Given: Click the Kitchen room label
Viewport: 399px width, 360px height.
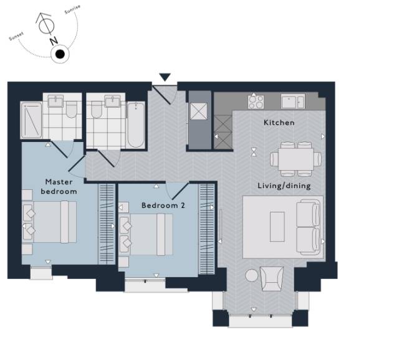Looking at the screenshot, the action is tap(279, 123).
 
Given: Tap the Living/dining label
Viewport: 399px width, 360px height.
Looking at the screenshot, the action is tap(284, 186).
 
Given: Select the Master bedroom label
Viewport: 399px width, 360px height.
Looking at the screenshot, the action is tap(59, 187).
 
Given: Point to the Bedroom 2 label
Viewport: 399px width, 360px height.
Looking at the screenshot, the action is tap(163, 205).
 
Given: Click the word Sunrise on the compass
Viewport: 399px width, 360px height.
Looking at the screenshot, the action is tap(72, 9).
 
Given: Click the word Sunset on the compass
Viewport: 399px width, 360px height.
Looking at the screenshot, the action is tap(16, 36).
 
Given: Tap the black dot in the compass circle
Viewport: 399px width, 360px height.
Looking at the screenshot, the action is tap(60, 54).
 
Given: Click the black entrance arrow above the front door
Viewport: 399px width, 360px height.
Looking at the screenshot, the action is tap(165, 77).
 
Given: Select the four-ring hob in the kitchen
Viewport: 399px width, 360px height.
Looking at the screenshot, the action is tap(256, 102).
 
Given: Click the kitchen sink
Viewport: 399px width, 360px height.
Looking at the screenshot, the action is tap(293, 101).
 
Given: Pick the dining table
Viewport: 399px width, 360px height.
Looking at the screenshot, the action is tap(296, 159).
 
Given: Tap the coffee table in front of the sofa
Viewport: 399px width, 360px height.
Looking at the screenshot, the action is tap(277, 227).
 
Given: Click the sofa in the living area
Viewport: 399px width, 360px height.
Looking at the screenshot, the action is tap(309, 227).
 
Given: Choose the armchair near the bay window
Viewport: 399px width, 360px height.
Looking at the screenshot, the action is tap(272, 278).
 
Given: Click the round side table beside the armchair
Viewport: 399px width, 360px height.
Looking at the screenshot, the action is tap(251, 275).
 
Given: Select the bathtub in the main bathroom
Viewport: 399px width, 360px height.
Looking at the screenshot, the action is tap(136, 125).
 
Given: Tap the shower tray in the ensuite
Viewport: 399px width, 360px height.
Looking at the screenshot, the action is tap(31, 120).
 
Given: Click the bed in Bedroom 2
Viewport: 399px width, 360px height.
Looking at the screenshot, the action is tap(146, 234).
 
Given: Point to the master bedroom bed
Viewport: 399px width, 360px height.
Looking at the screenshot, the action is tap(50, 222).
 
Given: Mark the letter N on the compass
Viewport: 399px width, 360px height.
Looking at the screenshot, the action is tap(54, 40).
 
